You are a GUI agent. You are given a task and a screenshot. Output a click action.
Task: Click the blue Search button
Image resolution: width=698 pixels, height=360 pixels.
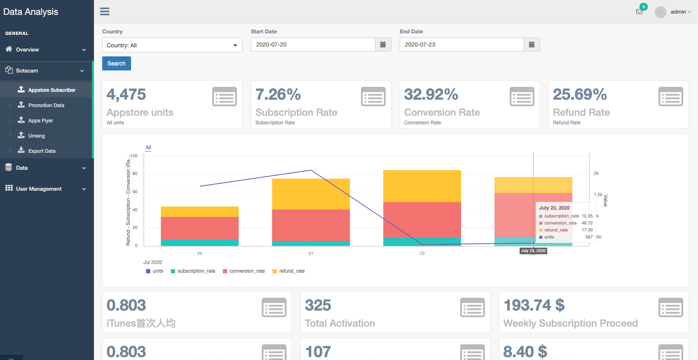click(116, 63)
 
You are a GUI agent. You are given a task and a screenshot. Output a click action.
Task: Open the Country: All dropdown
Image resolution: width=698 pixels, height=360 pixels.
click(172, 45)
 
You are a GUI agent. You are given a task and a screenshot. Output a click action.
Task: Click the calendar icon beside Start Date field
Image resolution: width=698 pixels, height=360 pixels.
click(383, 44)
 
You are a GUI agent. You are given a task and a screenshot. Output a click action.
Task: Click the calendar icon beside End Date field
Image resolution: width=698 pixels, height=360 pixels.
click(532, 44)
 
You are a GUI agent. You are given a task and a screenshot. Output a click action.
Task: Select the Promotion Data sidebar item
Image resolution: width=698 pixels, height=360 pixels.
click(46, 105)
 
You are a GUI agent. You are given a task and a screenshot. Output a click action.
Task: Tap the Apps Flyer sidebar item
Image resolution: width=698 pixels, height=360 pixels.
click(40, 121)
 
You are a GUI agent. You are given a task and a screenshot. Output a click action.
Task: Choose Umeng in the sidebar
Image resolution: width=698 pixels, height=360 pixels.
click(36, 136)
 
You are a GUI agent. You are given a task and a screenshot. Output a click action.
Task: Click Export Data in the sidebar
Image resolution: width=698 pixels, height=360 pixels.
click(42, 151)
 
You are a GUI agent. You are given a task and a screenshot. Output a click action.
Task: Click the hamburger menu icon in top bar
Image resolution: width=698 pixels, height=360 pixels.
click(105, 12)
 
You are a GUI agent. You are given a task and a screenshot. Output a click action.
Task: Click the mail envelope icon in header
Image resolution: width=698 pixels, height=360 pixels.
click(639, 12)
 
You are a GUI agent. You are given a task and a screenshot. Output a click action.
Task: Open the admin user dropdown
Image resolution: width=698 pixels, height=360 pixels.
click(680, 12)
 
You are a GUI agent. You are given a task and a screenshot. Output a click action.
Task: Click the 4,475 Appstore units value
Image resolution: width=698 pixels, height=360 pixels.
click(126, 95)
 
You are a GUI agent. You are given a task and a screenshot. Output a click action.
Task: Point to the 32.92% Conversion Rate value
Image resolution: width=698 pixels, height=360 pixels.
click(431, 95)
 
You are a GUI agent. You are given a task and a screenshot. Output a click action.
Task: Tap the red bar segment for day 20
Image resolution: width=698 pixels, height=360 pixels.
click(199, 228)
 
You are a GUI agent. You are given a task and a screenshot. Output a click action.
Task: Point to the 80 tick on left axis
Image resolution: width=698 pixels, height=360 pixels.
click(135, 174)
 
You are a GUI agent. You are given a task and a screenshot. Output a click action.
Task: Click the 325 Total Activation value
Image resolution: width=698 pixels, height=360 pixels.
click(318, 306)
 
